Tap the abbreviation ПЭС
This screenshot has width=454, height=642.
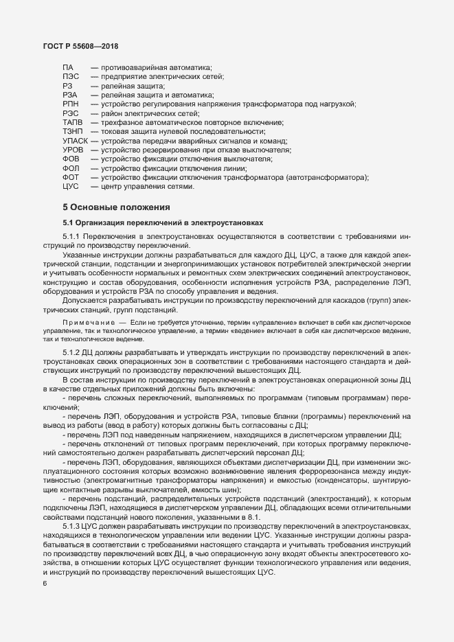pyautogui.click(x=71, y=78)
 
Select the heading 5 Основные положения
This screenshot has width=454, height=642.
pyautogui.click(x=115, y=207)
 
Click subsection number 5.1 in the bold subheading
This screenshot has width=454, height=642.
pyautogui.click(x=68, y=222)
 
